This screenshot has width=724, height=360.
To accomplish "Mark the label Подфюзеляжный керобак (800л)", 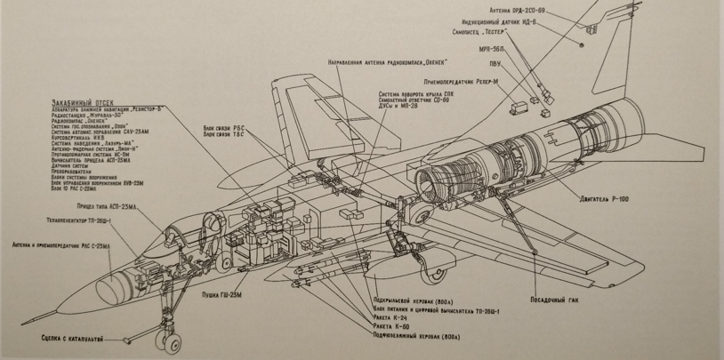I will coord(417,336).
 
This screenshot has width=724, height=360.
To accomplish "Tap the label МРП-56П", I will coord(490,50).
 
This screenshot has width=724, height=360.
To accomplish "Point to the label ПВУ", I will coord(495,63).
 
